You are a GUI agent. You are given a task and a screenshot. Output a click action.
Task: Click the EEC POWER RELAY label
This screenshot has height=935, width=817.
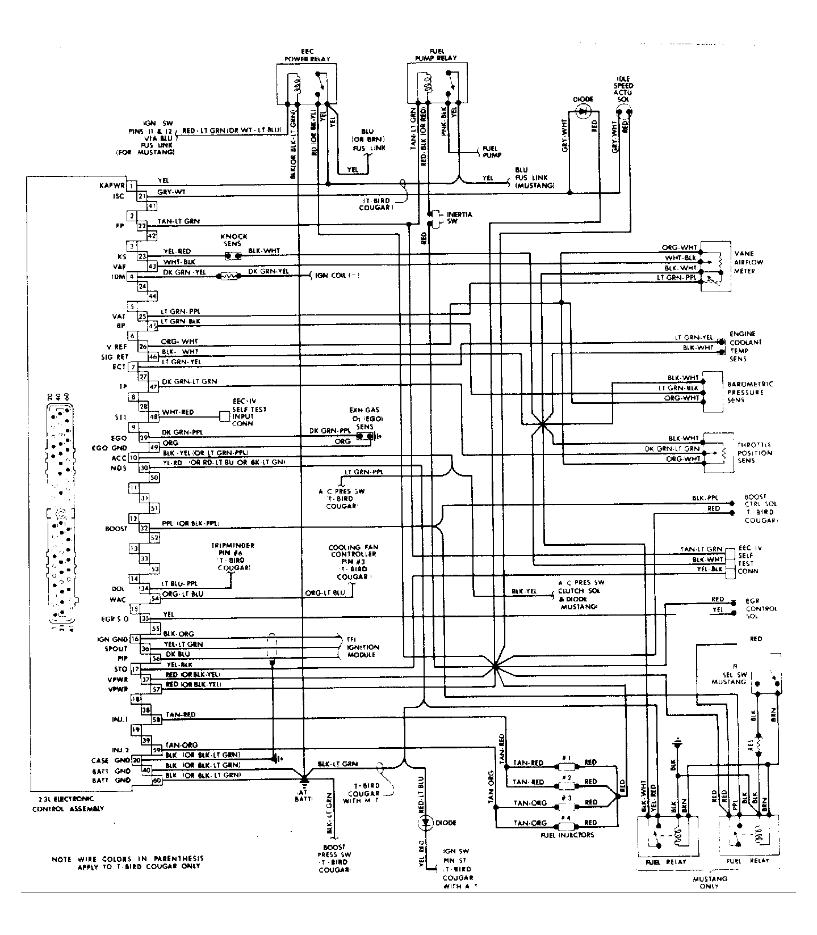(x=307, y=55)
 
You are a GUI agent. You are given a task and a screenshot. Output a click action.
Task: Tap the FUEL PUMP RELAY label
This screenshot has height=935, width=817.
(x=435, y=54)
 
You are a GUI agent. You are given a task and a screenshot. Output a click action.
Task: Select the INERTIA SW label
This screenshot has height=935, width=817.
(x=459, y=218)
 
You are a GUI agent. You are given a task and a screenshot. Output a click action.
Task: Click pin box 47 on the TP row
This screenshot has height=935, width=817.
(x=152, y=387)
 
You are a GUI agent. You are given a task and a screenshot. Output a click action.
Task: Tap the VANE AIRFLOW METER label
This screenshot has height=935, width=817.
(x=748, y=262)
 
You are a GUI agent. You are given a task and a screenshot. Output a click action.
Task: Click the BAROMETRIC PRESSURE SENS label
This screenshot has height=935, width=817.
(x=749, y=392)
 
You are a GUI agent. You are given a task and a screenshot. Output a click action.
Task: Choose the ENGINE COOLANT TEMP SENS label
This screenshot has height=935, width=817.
(x=745, y=346)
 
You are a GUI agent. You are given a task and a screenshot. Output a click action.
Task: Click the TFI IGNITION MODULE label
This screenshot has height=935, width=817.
(x=363, y=647)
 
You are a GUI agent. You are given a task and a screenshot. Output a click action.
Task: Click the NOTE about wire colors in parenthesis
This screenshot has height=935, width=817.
(x=126, y=862)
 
